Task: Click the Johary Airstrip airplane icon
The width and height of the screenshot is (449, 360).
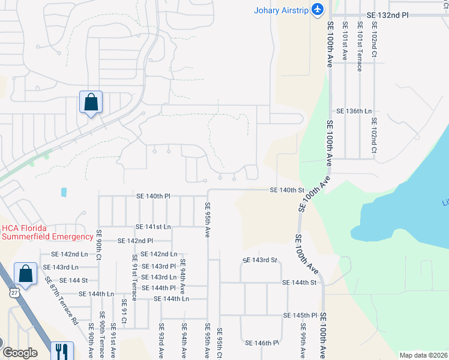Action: [x=318, y=10]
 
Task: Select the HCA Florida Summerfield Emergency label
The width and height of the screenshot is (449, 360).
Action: [x=47, y=232]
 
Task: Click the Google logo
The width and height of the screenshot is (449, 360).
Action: [x=20, y=353]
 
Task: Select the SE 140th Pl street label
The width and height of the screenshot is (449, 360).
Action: [x=154, y=196]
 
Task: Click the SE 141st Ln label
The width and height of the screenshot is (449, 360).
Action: [x=153, y=227]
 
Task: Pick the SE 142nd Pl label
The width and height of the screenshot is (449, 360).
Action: [x=136, y=241]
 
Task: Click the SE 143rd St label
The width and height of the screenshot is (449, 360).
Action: [x=260, y=260]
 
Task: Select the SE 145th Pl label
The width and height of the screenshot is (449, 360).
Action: [x=300, y=315]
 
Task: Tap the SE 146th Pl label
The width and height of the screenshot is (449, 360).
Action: [x=262, y=343]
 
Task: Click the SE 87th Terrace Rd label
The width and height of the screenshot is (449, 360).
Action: [x=61, y=301]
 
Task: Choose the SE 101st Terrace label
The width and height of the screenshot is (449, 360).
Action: [x=359, y=47]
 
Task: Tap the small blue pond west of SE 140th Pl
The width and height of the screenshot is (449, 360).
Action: [x=64, y=193]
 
